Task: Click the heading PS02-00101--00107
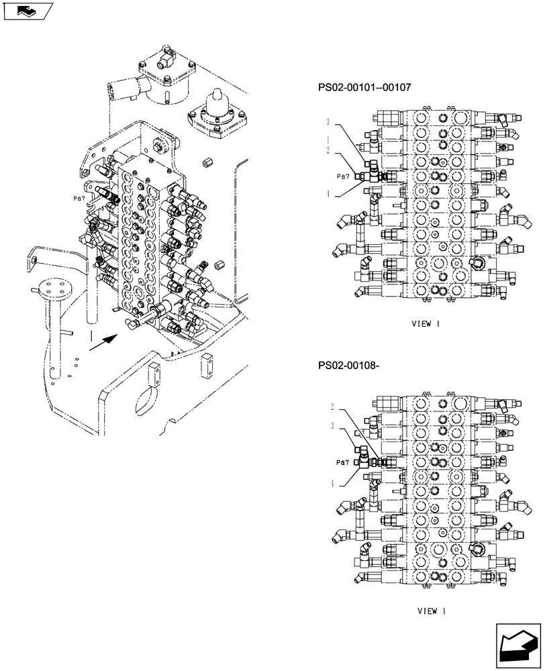pos(365,87)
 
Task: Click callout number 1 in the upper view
pos(328,140)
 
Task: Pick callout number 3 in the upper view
pos(328,122)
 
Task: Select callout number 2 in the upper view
pos(328,150)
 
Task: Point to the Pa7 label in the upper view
pos(343,176)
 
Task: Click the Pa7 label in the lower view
pos(343,462)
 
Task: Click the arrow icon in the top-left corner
pos(28,11)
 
